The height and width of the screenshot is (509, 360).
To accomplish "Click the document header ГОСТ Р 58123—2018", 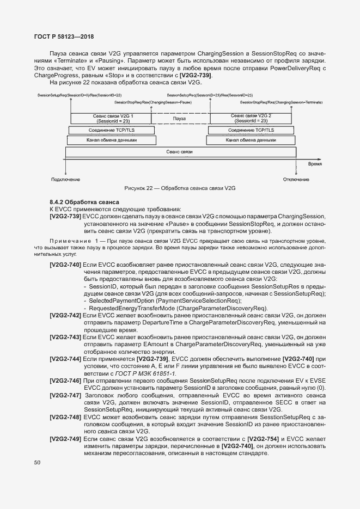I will click(64, 37).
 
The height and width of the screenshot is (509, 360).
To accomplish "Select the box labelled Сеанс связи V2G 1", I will click(111, 118).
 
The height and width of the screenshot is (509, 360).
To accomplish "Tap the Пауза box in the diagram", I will click(180, 118).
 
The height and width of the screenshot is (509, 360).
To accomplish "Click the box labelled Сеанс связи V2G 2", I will click(251, 118).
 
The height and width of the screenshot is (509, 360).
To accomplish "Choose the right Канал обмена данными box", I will click(251, 140).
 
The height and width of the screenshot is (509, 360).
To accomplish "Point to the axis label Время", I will click(314, 163).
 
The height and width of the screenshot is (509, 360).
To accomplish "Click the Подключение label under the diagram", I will click(65, 179).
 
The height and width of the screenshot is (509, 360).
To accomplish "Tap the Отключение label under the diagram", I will click(296, 179).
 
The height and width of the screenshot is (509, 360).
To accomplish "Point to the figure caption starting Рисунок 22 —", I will click(180, 188).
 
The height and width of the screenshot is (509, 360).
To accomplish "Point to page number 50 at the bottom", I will click(37, 463).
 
